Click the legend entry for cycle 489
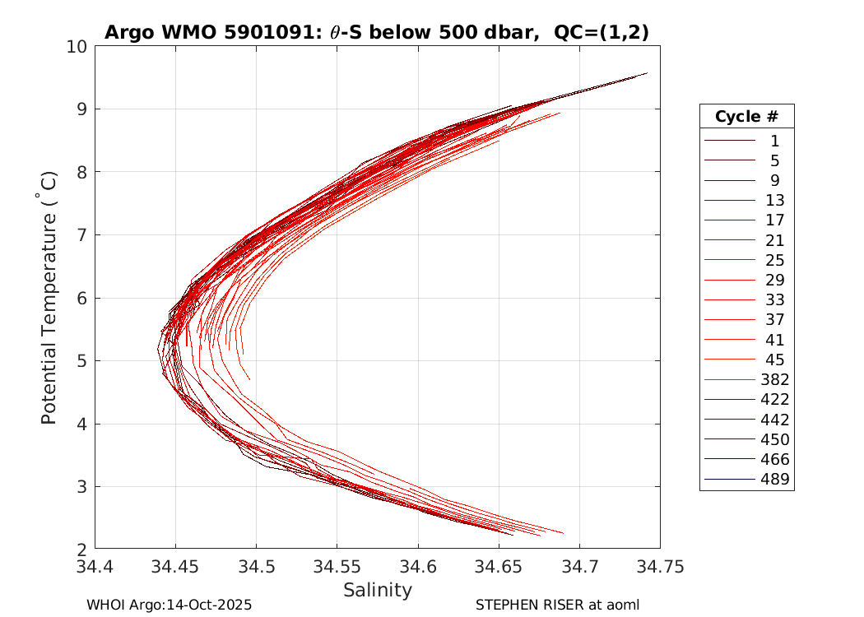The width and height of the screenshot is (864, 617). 746,479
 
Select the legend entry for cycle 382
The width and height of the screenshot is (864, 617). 746,379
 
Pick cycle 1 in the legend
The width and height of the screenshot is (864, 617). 746,141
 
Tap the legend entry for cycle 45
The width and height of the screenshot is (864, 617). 746,360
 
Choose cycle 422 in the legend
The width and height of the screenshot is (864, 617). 746,399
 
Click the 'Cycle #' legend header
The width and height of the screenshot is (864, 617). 746,116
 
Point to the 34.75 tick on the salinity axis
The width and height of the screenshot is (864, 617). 659,567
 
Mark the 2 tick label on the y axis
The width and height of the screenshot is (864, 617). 81,549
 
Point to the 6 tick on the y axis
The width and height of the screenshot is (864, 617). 81,298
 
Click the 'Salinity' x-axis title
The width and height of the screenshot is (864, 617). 377,590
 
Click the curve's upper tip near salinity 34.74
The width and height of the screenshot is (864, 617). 647,73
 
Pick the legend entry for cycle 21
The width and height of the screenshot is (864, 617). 746,240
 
